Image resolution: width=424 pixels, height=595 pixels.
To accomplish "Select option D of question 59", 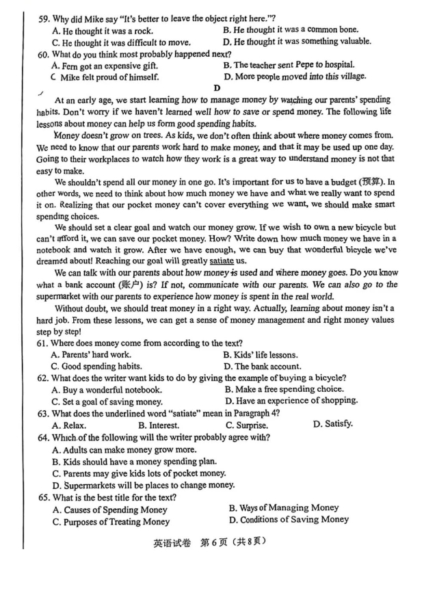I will pyautogui.click(x=297, y=41).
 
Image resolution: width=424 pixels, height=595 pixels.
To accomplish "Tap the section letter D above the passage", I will pyautogui.click(x=217, y=88).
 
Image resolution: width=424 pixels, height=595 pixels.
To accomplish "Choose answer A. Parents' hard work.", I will pyautogui.click(x=92, y=355).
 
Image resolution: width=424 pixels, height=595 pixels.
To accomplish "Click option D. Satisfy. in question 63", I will pyautogui.click(x=333, y=424).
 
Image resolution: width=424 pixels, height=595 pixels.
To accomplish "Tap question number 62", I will pyautogui.click(x=44, y=378).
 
